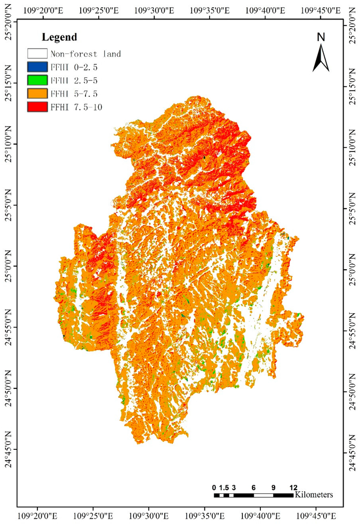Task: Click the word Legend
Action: [59, 37]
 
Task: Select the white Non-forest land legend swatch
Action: [37, 53]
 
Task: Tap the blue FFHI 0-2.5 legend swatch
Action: [37, 67]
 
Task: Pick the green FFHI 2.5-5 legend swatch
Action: [37, 80]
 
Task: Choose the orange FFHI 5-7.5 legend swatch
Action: [37, 93]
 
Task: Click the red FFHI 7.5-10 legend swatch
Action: [37, 106]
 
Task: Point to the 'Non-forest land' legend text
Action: [85, 53]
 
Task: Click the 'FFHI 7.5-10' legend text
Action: [75, 106]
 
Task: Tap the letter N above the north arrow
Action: [321, 37]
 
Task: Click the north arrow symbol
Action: [321, 58]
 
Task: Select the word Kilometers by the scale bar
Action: [314, 495]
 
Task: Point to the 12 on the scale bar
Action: [293, 487]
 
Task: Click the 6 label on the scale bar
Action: [254, 487]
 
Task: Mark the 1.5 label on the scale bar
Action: [224, 487]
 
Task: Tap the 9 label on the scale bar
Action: [274, 487]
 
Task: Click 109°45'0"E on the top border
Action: [321, 11]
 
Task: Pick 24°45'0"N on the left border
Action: [9, 450]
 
